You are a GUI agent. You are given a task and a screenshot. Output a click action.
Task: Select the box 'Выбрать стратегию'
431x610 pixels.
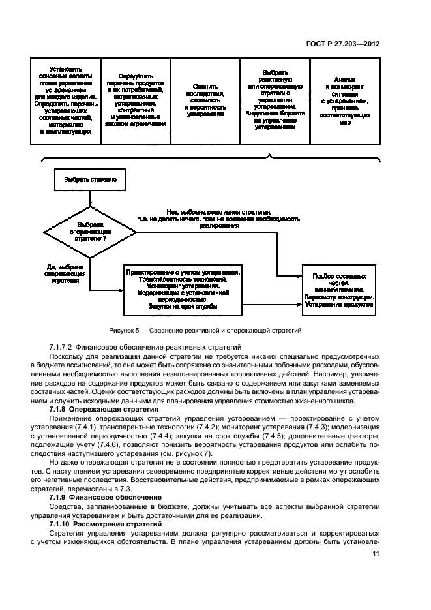(x=90, y=179)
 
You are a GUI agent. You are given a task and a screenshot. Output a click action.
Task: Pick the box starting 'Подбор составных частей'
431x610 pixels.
(x=339, y=289)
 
